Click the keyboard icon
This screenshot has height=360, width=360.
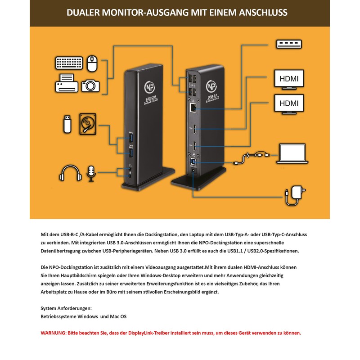point(69,63)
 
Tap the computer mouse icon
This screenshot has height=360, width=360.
point(93,63)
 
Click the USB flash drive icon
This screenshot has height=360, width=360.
point(66,124)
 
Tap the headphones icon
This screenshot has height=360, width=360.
point(70,173)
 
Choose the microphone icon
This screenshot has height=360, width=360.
point(91,173)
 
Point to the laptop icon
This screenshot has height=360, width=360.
point(292,154)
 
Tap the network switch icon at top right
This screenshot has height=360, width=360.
point(288,45)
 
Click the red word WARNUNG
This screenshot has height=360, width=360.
point(53,333)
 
